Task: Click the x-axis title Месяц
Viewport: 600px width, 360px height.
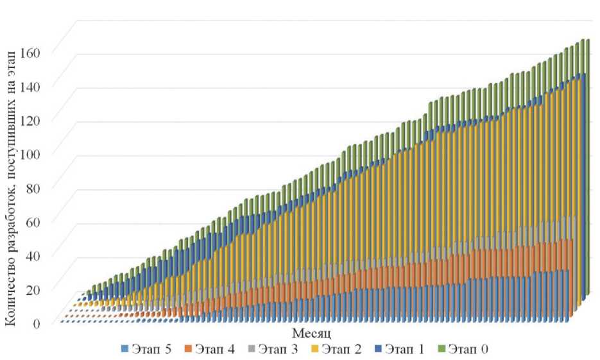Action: click(x=311, y=334)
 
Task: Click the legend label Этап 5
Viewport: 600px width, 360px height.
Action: click(x=151, y=348)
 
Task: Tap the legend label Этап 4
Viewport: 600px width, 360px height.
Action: click(x=214, y=348)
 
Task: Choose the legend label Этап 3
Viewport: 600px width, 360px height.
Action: click(x=277, y=348)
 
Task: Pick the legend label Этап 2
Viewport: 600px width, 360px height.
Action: click(x=340, y=348)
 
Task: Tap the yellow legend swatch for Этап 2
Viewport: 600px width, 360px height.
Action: click(x=314, y=349)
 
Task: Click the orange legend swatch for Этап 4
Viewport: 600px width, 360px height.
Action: click(x=189, y=349)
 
